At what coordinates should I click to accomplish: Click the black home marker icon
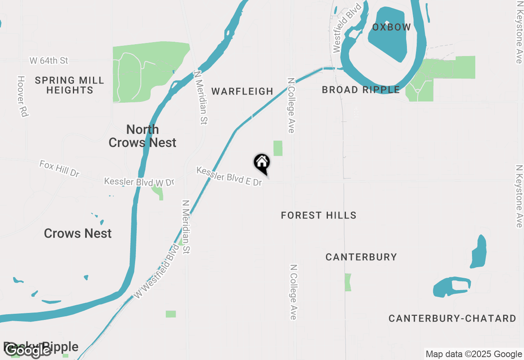pyautogui.click(x=262, y=163)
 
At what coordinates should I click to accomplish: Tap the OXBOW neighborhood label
pyautogui.click(x=391, y=27)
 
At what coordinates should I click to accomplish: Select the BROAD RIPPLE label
pyautogui.click(x=361, y=90)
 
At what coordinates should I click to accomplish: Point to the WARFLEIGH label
pyautogui.click(x=242, y=91)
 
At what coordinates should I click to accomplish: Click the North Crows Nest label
pyautogui.click(x=142, y=136)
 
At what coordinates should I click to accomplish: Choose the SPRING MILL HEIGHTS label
pyautogui.click(x=70, y=85)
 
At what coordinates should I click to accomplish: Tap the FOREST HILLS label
pyautogui.click(x=318, y=215)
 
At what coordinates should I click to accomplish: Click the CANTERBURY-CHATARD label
pyautogui.click(x=452, y=319)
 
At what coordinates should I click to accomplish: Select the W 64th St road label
pyautogui.click(x=49, y=61)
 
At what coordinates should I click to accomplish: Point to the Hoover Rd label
pyautogui.click(x=23, y=97)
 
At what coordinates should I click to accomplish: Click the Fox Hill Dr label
pyautogui.click(x=59, y=169)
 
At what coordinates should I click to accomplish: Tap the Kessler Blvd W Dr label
pyautogui.click(x=139, y=182)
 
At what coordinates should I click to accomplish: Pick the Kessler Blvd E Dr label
pyautogui.click(x=229, y=176)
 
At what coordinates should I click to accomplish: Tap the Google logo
pyautogui.click(x=28, y=350)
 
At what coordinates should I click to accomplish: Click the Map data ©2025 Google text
pyautogui.click(x=473, y=354)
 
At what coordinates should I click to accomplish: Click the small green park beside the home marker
pyautogui.click(x=278, y=148)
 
